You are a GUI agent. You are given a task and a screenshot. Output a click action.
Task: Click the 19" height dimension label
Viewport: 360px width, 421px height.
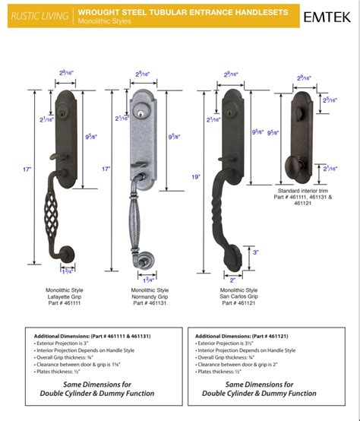(197, 176)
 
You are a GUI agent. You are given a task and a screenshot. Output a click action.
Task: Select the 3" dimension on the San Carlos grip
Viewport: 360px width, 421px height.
(254, 252)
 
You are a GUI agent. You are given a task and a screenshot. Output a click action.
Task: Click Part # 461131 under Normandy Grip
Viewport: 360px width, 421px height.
(150, 302)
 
